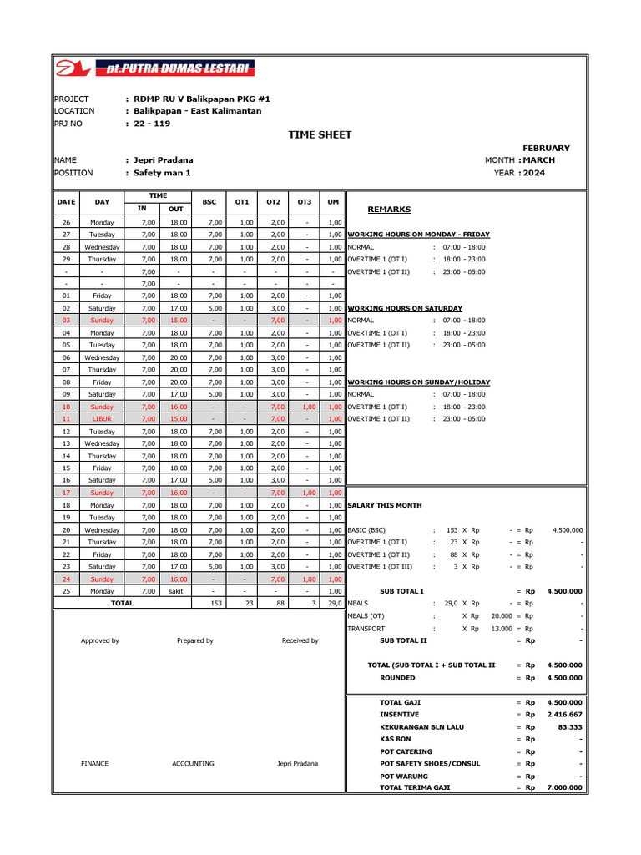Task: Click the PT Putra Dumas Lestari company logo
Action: click(x=155, y=68)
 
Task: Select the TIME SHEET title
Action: click(x=320, y=134)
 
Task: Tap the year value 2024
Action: click(x=534, y=173)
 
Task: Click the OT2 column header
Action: click(x=273, y=202)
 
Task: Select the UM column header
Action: click(x=333, y=202)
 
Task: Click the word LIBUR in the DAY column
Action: click(x=102, y=418)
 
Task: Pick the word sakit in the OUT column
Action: click(x=176, y=590)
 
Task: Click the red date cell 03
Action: click(x=66, y=320)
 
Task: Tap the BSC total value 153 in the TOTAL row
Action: click(x=215, y=603)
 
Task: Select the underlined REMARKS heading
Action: click(x=389, y=210)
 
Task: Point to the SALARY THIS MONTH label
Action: click(x=385, y=505)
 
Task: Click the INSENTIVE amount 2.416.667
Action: click(x=565, y=715)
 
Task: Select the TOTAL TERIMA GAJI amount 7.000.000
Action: click(x=565, y=787)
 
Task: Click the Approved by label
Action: click(x=99, y=640)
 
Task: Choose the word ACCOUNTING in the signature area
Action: click(x=193, y=763)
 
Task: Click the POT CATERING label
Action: click(x=406, y=751)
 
